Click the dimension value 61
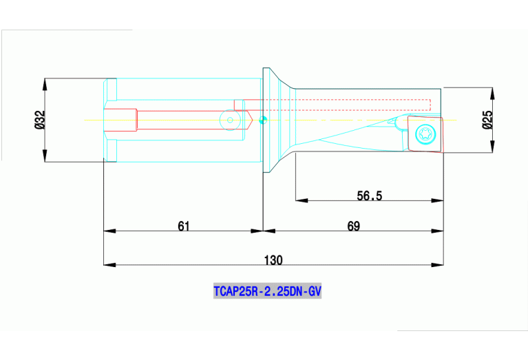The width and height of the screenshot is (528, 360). click(x=183, y=225)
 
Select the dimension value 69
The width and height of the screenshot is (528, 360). click(x=353, y=225)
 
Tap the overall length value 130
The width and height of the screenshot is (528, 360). click(x=273, y=260)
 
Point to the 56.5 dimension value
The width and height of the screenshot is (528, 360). click(x=369, y=195)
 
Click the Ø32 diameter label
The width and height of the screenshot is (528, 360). click(x=39, y=120)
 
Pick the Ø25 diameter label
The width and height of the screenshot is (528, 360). click(x=487, y=120)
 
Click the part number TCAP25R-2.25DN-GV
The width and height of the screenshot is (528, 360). click(x=267, y=291)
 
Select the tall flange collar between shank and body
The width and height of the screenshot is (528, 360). click(x=266, y=120)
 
